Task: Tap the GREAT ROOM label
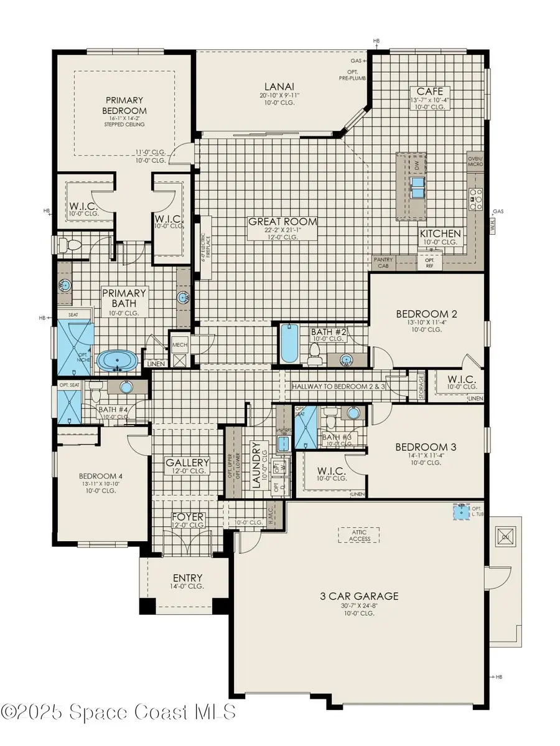[282, 222]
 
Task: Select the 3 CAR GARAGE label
[359, 596]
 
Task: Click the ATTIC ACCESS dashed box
[359, 535]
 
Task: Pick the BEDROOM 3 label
[421, 447]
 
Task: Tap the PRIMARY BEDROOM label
[124, 105]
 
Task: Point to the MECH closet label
[180, 344]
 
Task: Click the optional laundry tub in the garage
[460, 511]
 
